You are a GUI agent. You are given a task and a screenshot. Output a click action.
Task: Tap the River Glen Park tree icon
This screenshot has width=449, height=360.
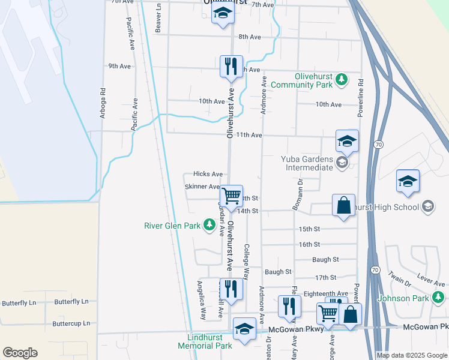tap(209, 226)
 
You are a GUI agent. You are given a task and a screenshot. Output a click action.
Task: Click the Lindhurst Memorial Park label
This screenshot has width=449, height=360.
tap(205, 341)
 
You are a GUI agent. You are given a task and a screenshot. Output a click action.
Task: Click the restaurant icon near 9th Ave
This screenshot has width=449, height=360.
tap(231, 66)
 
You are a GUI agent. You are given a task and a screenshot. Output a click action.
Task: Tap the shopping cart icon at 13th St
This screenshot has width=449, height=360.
tap(231, 196)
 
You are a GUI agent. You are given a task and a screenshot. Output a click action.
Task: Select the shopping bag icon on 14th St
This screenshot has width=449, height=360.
tap(345, 205)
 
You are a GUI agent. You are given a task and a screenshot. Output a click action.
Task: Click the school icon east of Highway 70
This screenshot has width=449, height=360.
tap(408, 181)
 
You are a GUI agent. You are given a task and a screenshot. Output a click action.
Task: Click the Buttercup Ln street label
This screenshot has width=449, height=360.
tap(70, 323)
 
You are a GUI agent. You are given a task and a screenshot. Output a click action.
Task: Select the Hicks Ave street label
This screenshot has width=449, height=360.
tap(208, 174)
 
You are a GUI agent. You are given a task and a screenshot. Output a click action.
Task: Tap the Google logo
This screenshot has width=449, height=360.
tap(20, 353)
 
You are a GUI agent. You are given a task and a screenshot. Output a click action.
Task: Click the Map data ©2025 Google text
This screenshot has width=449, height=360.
tap(411, 355)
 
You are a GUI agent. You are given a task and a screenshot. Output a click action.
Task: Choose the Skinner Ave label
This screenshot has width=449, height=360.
tap(202, 187)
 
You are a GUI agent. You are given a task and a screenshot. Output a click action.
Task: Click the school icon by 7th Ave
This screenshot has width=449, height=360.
tap(223, 14)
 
